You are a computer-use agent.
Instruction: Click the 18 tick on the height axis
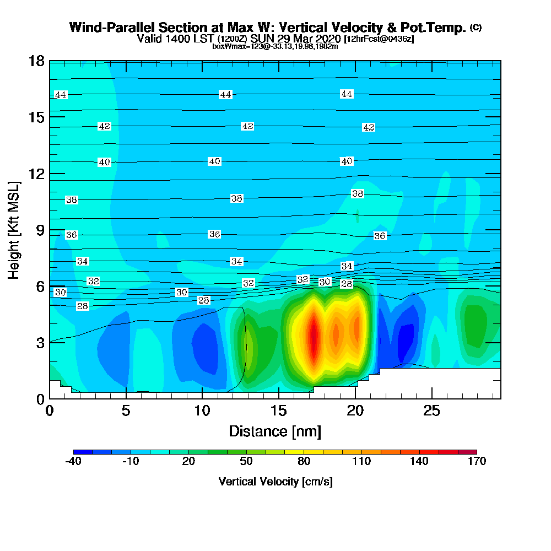(36, 61)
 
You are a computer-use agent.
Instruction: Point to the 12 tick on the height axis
(36, 174)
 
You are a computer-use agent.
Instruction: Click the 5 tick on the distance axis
(126, 410)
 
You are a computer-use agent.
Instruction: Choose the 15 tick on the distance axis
(279, 410)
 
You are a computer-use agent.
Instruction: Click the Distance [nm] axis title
(275, 431)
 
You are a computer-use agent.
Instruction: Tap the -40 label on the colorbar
(73, 462)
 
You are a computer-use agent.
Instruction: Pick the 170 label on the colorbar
(477, 462)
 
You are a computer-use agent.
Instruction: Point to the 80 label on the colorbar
(304, 462)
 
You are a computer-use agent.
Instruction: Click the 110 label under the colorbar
(361, 462)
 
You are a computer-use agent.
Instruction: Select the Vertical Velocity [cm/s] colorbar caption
(275, 482)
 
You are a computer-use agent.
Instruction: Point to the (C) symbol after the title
(476, 28)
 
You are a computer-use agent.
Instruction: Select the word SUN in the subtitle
(262, 39)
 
